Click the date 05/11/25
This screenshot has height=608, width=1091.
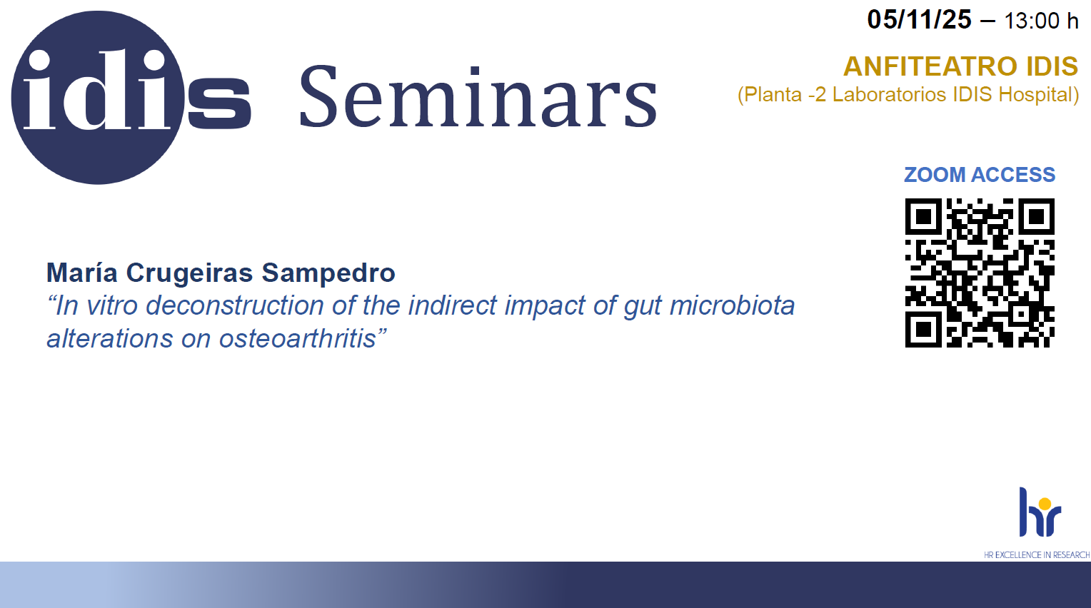[919, 20]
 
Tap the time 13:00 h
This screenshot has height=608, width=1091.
[1041, 21]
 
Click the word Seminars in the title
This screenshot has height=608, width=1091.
[478, 96]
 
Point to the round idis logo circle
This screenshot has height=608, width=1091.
[97, 97]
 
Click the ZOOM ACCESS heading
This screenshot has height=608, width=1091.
[980, 175]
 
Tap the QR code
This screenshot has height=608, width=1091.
[980, 273]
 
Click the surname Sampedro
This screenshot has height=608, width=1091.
[328, 273]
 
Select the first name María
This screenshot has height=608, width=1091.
[82, 272]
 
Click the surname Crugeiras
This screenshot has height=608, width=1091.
[189, 273]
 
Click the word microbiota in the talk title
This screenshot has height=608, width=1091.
[732, 305]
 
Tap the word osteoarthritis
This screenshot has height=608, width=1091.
[298, 338]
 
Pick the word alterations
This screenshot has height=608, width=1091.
[109, 338]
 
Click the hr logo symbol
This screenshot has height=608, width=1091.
[1040, 512]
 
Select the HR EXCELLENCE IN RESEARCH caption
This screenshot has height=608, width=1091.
[1037, 555]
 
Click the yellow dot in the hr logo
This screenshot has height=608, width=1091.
[1045, 504]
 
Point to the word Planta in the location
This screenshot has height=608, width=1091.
[773, 95]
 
